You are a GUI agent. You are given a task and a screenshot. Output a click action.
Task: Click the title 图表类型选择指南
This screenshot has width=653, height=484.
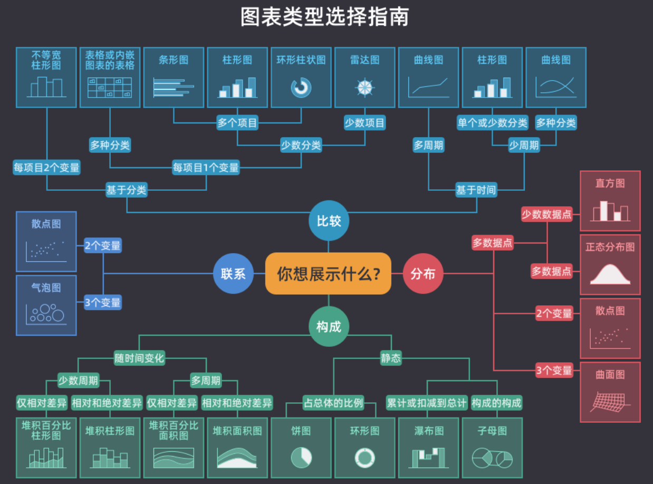[x=325, y=17]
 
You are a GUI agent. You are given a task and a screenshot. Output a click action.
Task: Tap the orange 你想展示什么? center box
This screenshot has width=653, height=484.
[x=328, y=274]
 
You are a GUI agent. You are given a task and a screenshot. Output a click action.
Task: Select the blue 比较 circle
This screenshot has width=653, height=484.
[x=329, y=221]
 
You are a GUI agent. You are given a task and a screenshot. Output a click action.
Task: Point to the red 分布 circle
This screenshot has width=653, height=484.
[x=423, y=274]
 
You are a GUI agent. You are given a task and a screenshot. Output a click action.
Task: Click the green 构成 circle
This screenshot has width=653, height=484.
[x=329, y=326]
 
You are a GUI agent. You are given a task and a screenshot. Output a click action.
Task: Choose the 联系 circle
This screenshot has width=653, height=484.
[x=233, y=274]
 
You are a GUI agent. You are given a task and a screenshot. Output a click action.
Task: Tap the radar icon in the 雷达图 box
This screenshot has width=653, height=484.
[x=364, y=88]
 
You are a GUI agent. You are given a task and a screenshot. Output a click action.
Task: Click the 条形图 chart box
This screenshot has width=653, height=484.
[x=174, y=77]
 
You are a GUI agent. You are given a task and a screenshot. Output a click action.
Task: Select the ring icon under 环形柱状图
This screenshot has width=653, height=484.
[x=301, y=88]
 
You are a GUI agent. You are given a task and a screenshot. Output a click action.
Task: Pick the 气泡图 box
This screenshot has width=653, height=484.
[x=46, y=305]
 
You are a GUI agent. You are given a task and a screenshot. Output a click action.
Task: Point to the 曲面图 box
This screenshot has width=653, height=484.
[x=610, y=392]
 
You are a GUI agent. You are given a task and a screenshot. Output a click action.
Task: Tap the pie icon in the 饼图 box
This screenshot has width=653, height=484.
[x=301, y=457]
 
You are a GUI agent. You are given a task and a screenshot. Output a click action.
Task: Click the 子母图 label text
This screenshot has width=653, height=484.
[x=492, y=431]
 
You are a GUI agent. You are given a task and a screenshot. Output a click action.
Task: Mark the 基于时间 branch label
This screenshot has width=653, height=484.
[x=476, y=190]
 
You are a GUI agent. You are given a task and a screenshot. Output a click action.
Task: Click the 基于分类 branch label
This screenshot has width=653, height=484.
[x=127, y=190]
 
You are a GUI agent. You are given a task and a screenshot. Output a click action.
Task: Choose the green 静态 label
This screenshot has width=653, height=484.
[x=391, y=359]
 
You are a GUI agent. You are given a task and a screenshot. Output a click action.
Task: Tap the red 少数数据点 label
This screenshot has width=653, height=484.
[x=547, y=214]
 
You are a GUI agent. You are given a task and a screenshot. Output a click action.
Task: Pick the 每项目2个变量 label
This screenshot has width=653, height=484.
[x=47, y=168]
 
